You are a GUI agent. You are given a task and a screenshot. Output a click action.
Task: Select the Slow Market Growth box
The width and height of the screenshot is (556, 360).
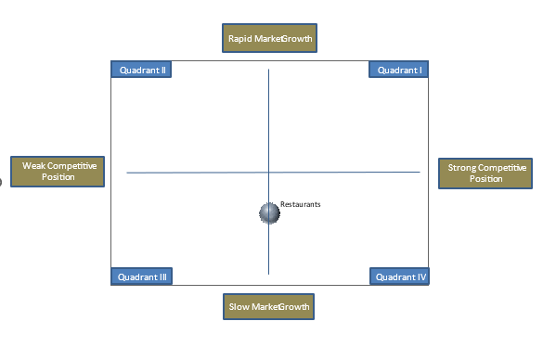tap(269, 307)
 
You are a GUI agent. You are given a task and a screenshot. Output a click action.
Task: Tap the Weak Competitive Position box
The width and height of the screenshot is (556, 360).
tap(58, 172)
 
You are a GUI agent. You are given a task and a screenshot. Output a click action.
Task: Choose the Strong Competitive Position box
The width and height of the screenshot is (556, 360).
tap(485, 174)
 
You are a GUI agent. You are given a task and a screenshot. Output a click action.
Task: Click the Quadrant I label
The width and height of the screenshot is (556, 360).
tap(399, 70)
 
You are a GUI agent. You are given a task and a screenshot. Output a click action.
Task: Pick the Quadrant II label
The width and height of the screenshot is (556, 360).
tap(140, 70)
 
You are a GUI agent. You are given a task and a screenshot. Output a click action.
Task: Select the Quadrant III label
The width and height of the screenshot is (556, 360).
tap(141, 276)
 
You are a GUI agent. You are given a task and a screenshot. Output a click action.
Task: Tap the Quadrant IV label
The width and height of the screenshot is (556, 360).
tap(399, 276)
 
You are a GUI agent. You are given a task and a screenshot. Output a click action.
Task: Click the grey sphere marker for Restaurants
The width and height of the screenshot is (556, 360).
tap(269, 213)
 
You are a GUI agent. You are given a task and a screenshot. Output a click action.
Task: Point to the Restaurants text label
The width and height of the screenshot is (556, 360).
tap(300, 204)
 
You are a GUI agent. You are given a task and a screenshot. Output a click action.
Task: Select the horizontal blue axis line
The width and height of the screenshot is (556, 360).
tap(186, 172)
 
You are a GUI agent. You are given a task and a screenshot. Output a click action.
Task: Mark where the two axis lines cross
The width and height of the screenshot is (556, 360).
tap(269, 172)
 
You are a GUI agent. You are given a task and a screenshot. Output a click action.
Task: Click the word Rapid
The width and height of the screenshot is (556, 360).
tap(240, 39)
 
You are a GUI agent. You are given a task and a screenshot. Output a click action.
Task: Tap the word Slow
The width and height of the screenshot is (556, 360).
tap(239, 307)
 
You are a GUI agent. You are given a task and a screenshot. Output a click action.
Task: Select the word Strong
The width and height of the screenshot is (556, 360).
tap(462, 168)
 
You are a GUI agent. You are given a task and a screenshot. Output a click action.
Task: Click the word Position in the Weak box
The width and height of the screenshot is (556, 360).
tap(58, 177)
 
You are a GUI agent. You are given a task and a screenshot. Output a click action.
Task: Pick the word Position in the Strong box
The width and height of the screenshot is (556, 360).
tap(485, 179)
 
